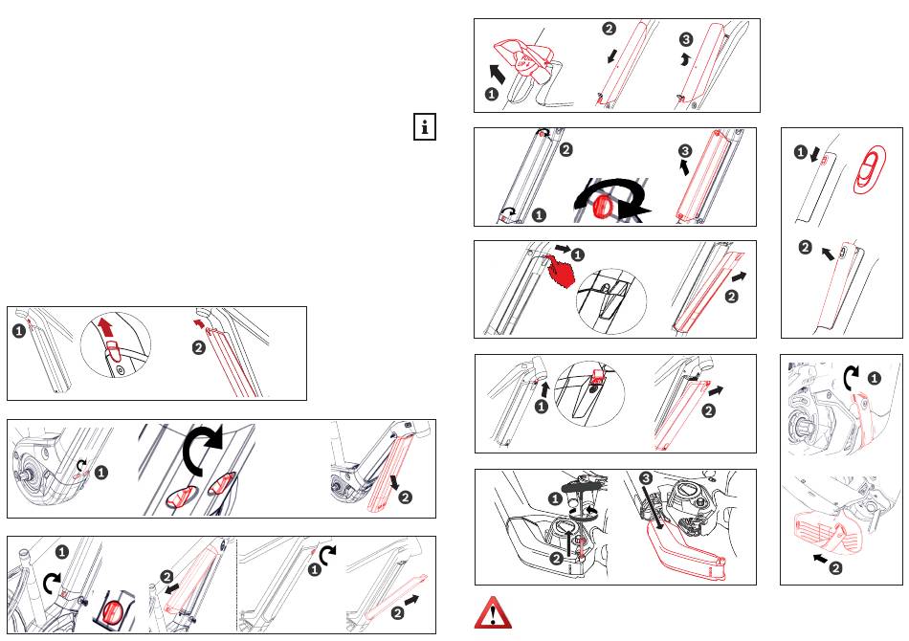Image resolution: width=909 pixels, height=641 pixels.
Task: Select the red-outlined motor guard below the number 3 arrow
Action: (x=687, y=558)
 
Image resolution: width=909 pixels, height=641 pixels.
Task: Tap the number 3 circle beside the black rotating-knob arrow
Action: (x=685, y=150)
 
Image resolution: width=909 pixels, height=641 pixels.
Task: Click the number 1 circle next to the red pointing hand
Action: (x=578, y=254)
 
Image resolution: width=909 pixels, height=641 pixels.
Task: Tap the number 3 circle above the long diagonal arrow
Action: (x=647, y=477)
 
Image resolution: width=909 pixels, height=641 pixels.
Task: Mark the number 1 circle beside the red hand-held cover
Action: (x=489, y=95)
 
